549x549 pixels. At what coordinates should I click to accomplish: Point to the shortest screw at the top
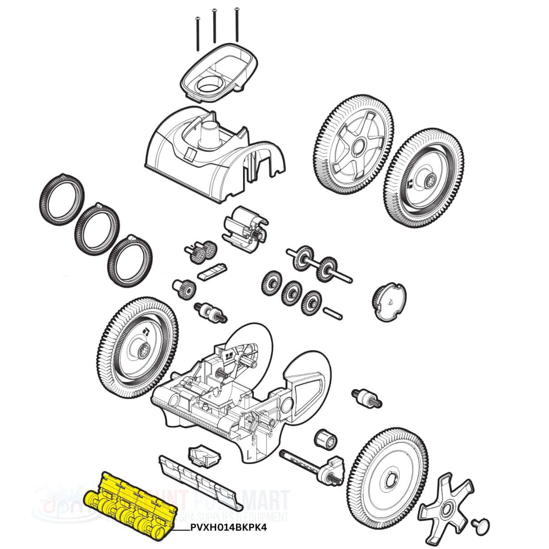pyautogui.click(x=197, y=31)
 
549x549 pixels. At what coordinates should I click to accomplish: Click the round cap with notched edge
pyautogui.click(x=388, y=301)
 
